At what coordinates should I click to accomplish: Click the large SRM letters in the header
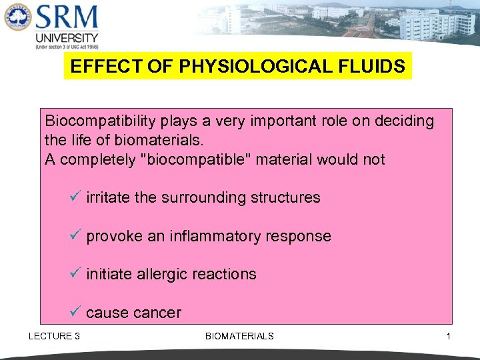click(x=67, y=18)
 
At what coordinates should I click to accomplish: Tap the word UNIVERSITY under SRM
click(x=67, y=38)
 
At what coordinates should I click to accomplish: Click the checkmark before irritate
click(x=75, y=197)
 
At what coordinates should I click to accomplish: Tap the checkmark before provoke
click(x=75, y=235)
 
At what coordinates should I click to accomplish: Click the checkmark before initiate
click(x=75, y=273)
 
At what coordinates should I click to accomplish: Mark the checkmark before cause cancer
click(x=75, y=312)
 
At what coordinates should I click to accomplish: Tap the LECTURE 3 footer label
click(x=54, y=336)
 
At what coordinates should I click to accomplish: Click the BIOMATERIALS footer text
click(x=239, y=336)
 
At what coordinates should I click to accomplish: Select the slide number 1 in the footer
click(x=448, y=336)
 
